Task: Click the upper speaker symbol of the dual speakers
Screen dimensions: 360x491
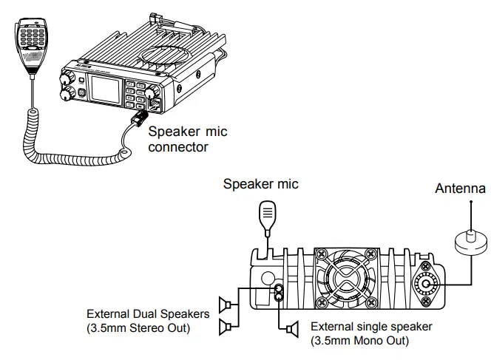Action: click(226, 303)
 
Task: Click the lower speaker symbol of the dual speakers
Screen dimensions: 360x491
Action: click(226, 325)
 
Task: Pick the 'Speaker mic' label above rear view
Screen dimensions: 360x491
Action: click(261, 184)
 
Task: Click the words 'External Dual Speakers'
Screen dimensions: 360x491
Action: click(148, 313)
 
